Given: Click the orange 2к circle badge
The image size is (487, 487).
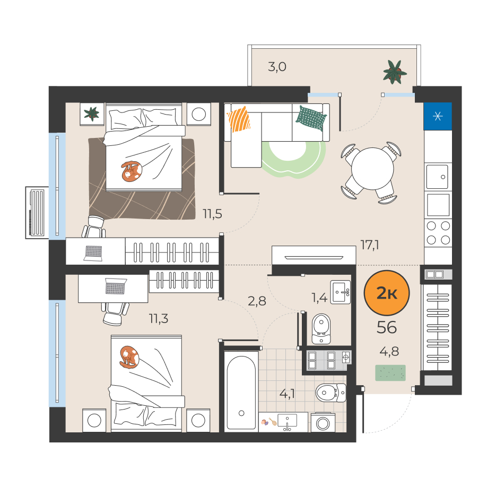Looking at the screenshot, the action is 387,293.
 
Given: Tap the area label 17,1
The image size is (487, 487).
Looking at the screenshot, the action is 370,245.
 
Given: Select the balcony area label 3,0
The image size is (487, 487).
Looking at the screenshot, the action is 277,67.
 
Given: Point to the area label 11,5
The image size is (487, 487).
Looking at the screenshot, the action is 212,214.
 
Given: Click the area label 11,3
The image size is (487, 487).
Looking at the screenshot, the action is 159,318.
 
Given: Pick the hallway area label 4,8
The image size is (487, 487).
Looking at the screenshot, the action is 389,351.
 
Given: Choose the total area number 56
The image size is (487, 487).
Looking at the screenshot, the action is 387,327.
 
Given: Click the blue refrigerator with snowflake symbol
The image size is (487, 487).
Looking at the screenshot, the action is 438,116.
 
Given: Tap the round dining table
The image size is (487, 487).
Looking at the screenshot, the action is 372,169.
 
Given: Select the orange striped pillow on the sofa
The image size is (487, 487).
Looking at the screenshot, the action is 239,119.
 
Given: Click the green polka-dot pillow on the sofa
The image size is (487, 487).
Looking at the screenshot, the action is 311,118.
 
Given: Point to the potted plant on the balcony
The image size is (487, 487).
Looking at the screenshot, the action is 395,72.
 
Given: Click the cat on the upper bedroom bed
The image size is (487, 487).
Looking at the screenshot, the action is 132,171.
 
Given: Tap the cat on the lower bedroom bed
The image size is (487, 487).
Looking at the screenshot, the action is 129,357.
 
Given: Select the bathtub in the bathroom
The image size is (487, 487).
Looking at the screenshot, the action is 241,392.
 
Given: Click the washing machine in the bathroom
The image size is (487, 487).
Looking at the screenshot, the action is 323,423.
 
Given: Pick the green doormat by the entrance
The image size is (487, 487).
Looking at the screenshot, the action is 390,373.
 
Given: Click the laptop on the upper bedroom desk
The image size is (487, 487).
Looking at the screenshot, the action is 93,253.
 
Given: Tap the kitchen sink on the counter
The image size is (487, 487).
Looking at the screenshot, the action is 437,177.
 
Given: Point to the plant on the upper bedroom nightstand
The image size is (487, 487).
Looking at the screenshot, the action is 92,114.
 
